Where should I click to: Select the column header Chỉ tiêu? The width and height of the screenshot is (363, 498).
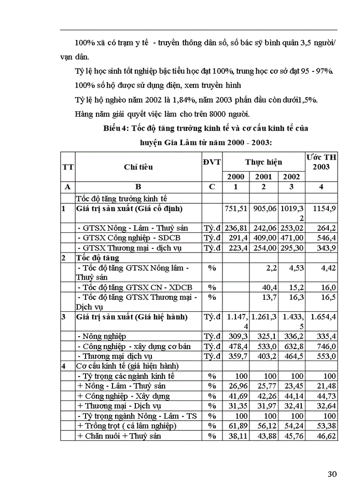(x=138, y=167)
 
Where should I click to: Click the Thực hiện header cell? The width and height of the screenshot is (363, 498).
(x=264, y=162)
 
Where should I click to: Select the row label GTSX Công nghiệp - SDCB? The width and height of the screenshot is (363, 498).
(x=129, y=238)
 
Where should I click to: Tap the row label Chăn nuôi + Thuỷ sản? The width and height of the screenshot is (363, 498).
(x=119, y=435)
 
